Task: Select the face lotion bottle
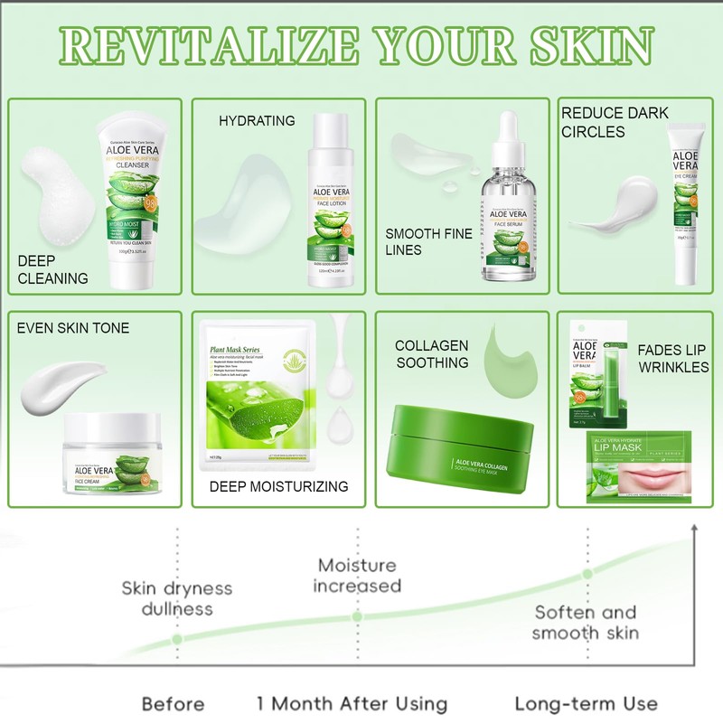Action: tap(332, 203)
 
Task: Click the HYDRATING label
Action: tap(257, 120)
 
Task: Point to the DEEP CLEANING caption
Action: tap(52, 269)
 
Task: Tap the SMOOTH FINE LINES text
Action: tap(429, 241)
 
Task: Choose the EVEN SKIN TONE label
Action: tap(73, 328)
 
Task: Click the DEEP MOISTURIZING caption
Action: tap(278, 486)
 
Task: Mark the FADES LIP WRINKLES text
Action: tap(672, 358)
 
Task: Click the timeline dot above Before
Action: tap(177, 638)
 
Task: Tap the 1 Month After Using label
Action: tap(352, 703)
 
